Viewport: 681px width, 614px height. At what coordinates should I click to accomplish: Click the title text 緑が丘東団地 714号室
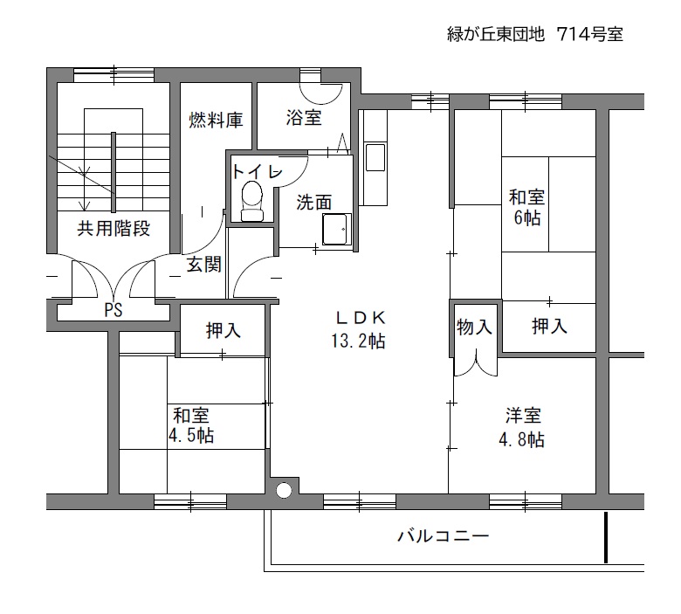click(535, 34)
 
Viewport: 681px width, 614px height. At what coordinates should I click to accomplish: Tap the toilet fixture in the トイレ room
click(252, 201)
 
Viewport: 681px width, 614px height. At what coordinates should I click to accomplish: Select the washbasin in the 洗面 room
click(336, 229)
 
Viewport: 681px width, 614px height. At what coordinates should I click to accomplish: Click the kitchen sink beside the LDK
click(375, 157)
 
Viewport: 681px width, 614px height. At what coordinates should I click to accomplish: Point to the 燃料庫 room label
click(216, 121)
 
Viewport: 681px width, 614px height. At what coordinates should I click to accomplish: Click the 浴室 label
click(304, 117)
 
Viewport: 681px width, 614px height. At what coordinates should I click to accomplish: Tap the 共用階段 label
click(113, 229)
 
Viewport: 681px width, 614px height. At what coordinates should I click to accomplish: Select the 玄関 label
click(204, 264)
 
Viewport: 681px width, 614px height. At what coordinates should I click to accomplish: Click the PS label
click(113, 310)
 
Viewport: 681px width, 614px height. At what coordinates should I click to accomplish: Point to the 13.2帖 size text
click(358, 341)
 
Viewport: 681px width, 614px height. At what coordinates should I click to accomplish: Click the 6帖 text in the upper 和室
click(527, 217)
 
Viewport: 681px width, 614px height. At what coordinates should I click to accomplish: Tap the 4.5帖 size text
click(191, 435)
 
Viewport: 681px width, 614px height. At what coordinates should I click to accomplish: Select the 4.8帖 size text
click(521, 439)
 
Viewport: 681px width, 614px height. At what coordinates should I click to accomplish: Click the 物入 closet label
click(474, 327)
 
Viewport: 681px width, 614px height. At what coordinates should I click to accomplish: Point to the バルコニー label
click(444, 535)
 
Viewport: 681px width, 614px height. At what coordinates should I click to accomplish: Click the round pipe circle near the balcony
click(283, 490)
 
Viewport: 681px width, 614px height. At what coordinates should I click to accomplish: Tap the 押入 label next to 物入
click(549, 326)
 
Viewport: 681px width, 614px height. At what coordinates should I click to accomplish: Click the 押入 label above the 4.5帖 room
click(224, 330)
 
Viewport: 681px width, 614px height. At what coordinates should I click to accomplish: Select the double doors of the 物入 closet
click(476, 363)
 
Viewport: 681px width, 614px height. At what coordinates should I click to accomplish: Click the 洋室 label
click(523, 416)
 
